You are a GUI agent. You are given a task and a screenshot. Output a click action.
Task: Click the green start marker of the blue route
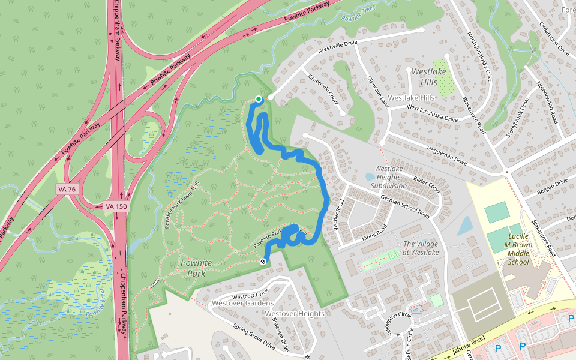tap(259, 99)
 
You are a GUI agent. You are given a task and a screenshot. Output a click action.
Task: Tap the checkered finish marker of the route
tap(263, 262)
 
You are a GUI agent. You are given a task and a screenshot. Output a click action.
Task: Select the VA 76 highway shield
tap(67, 189)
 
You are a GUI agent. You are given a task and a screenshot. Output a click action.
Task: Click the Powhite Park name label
tap(193, 268)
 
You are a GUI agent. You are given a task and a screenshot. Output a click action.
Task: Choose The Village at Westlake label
tap(421, 248)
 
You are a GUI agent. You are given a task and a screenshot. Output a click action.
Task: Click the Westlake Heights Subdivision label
tap(389, 177)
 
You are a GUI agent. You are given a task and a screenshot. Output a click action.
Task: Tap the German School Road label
tap(406, 205)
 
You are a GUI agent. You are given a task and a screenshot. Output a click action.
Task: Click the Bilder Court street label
tap(427, 185)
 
